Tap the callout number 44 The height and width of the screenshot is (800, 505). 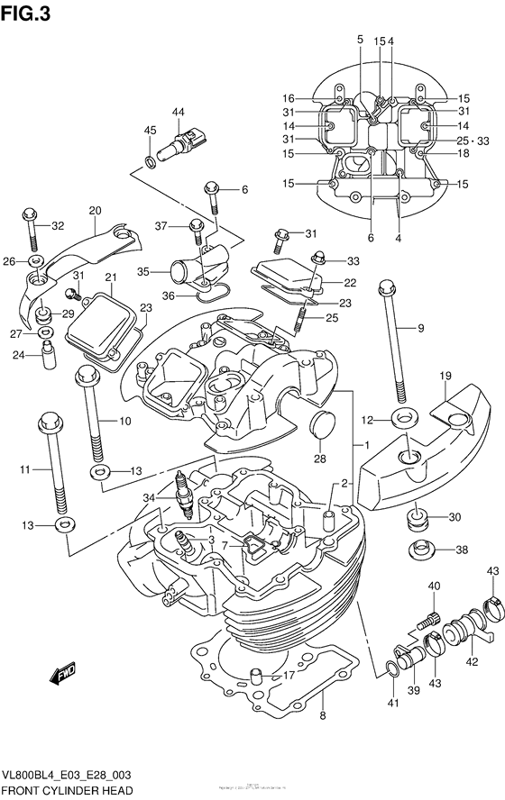point(179,112)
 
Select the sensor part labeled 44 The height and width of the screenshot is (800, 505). point(185,143)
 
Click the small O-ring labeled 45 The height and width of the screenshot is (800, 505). point(149,162)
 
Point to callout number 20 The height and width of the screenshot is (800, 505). point(95,211)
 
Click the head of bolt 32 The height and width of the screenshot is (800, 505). point(29,215)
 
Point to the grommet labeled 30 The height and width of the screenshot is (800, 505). point(418,520)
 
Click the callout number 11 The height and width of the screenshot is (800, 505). point(24,468)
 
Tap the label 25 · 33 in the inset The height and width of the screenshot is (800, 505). point(473,141)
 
